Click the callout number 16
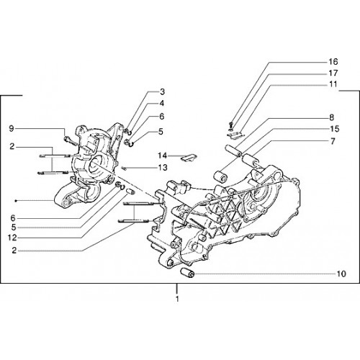pos(333,62)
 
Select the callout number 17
pos(333,73)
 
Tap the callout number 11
pos(333,84)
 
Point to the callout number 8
pos(331,117)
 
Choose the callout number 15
pos(335,129)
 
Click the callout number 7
pos(333,141)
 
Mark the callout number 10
pos(341,274)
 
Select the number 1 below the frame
pos(177,300)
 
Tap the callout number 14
pos(162,156)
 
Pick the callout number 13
pos(163,167)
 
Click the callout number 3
pos(163,91)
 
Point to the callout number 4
pos(162,103)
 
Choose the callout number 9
pos(12,129)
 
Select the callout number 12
pos(12,238)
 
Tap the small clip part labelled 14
pos(189,158)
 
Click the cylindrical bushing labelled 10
pos(187,273)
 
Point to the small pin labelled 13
pos(124,168)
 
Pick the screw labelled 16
pos(231,125)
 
